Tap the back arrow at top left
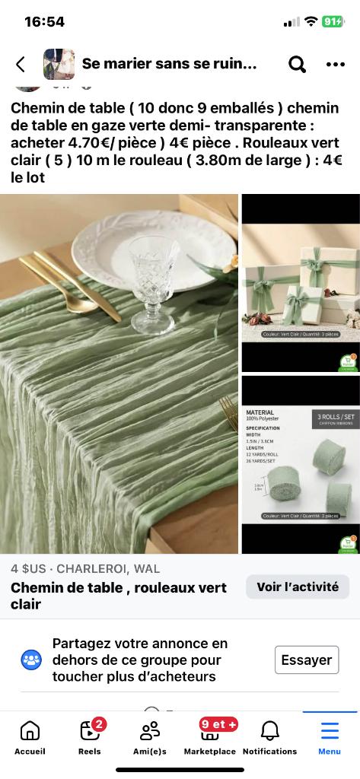coord(21,65)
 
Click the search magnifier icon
coord(297,65)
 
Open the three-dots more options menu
coord(335,65)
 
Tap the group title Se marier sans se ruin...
coord(169,65)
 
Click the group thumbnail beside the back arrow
coord(59,65)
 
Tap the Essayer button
coord(306,660)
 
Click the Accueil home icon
coord(30,732)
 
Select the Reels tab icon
coord(90,732)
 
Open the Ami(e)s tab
coord(150,732)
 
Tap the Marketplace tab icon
coord(209,732)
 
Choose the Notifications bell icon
coord(269,732)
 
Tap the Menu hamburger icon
coord(330,732)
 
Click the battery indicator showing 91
coord(333,21)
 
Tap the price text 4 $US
coord(28,568)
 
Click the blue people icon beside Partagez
coord(31,660)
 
